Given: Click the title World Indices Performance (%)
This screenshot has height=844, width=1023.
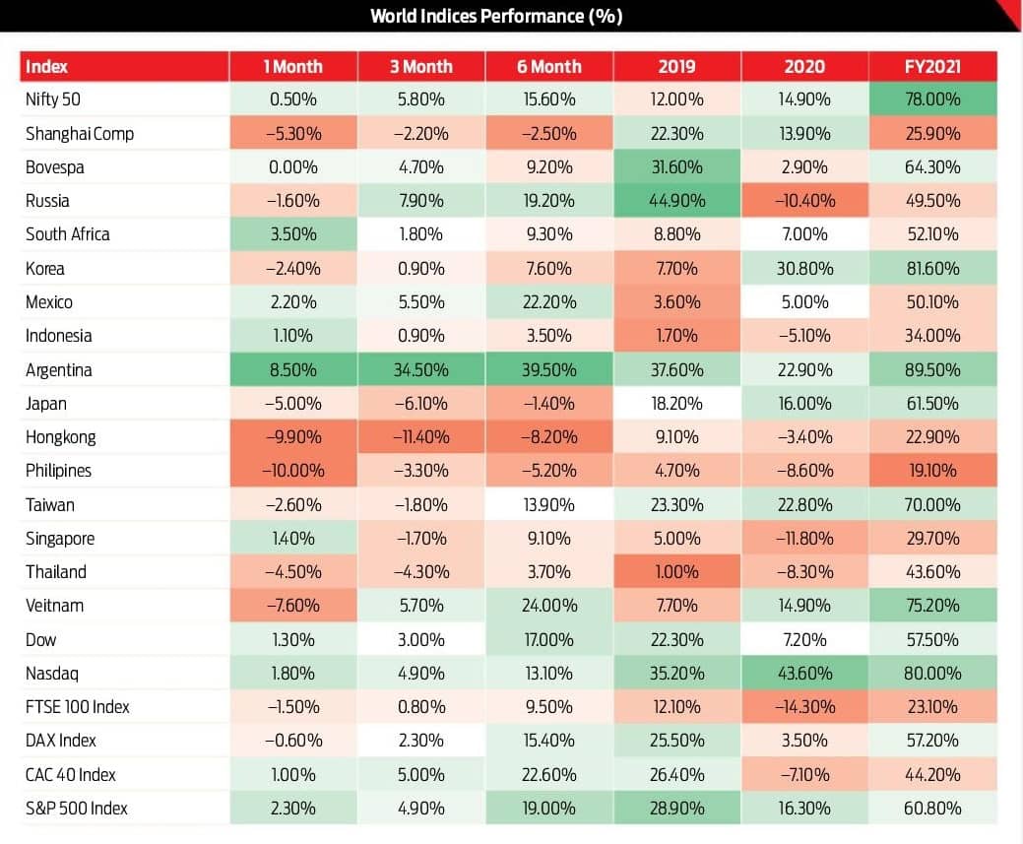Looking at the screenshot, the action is pyautogui.click(x=496, y=16).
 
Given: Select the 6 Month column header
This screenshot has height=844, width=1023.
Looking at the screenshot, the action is pyautogui.click(x=548, y=67).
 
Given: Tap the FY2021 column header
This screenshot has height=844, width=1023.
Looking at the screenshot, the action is pyautogui.click(x=932, y=67).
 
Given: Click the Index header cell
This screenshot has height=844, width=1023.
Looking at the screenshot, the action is pyautogui.click(x=46, y=67).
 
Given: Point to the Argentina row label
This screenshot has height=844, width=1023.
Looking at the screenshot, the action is pyautogui.click(x=59, y=370).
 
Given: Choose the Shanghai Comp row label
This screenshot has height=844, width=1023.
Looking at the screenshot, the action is pyautogui.click(x=80, y=134).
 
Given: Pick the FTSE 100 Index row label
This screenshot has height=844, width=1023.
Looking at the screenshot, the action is pyautogui.click(x=78, y=707).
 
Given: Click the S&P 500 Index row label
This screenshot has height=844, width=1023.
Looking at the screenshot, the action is pyautogui.click(x=77, y=809).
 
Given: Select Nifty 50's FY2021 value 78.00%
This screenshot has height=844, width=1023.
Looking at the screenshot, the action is pyautogui.click(x=932, y=99).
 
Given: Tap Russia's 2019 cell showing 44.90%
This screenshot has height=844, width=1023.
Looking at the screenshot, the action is pyautogui.click(x=676, y=200).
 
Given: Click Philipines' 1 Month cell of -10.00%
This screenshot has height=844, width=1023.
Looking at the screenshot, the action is pyautogui.click(x=293, y=471).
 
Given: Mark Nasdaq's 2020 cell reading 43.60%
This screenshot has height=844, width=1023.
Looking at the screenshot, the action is pyautogui.click(x=804, y=673).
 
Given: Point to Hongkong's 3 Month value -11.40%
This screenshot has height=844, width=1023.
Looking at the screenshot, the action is pyautogui.click(x=420, y=436).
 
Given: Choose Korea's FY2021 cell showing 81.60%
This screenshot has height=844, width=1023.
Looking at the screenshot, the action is pyautogui.click(x=932, y=268).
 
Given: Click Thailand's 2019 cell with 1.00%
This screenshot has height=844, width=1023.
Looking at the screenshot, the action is pyautogui.click(x=676, y=572).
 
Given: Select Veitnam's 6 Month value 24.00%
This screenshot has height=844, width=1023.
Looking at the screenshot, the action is pyautogui.click(x=548, y=606).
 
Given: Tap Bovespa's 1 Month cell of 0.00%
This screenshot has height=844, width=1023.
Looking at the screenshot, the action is pyautogui.click(x=293, y=167).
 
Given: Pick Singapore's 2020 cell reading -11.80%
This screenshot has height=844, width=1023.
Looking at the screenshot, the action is pyautogui.click(x=804, y=539).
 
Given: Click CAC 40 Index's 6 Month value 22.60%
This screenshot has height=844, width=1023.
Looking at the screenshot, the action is pyautogui.click(x=548, y=775).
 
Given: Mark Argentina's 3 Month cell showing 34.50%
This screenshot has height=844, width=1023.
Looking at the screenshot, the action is pyautogui.click(x=420, y=370).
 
